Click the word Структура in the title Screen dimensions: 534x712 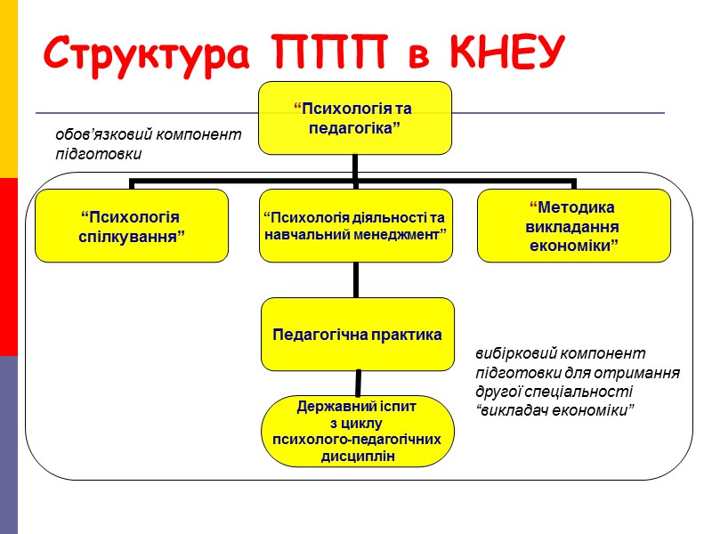[143, 54]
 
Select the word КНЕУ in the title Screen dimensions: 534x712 [506, 54]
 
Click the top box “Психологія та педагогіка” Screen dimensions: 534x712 [355, 117]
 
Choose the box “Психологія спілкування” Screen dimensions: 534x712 [132, 225]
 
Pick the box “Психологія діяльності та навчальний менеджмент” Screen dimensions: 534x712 [355, 225]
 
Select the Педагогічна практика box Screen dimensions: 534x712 [357, 334]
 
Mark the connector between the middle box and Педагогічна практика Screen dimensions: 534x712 [356, 279]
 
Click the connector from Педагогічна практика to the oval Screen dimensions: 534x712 [358, 383]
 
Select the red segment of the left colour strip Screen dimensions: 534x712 [9, 267]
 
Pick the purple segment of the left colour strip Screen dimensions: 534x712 [9, 445]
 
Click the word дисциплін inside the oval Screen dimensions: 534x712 [357, 457]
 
